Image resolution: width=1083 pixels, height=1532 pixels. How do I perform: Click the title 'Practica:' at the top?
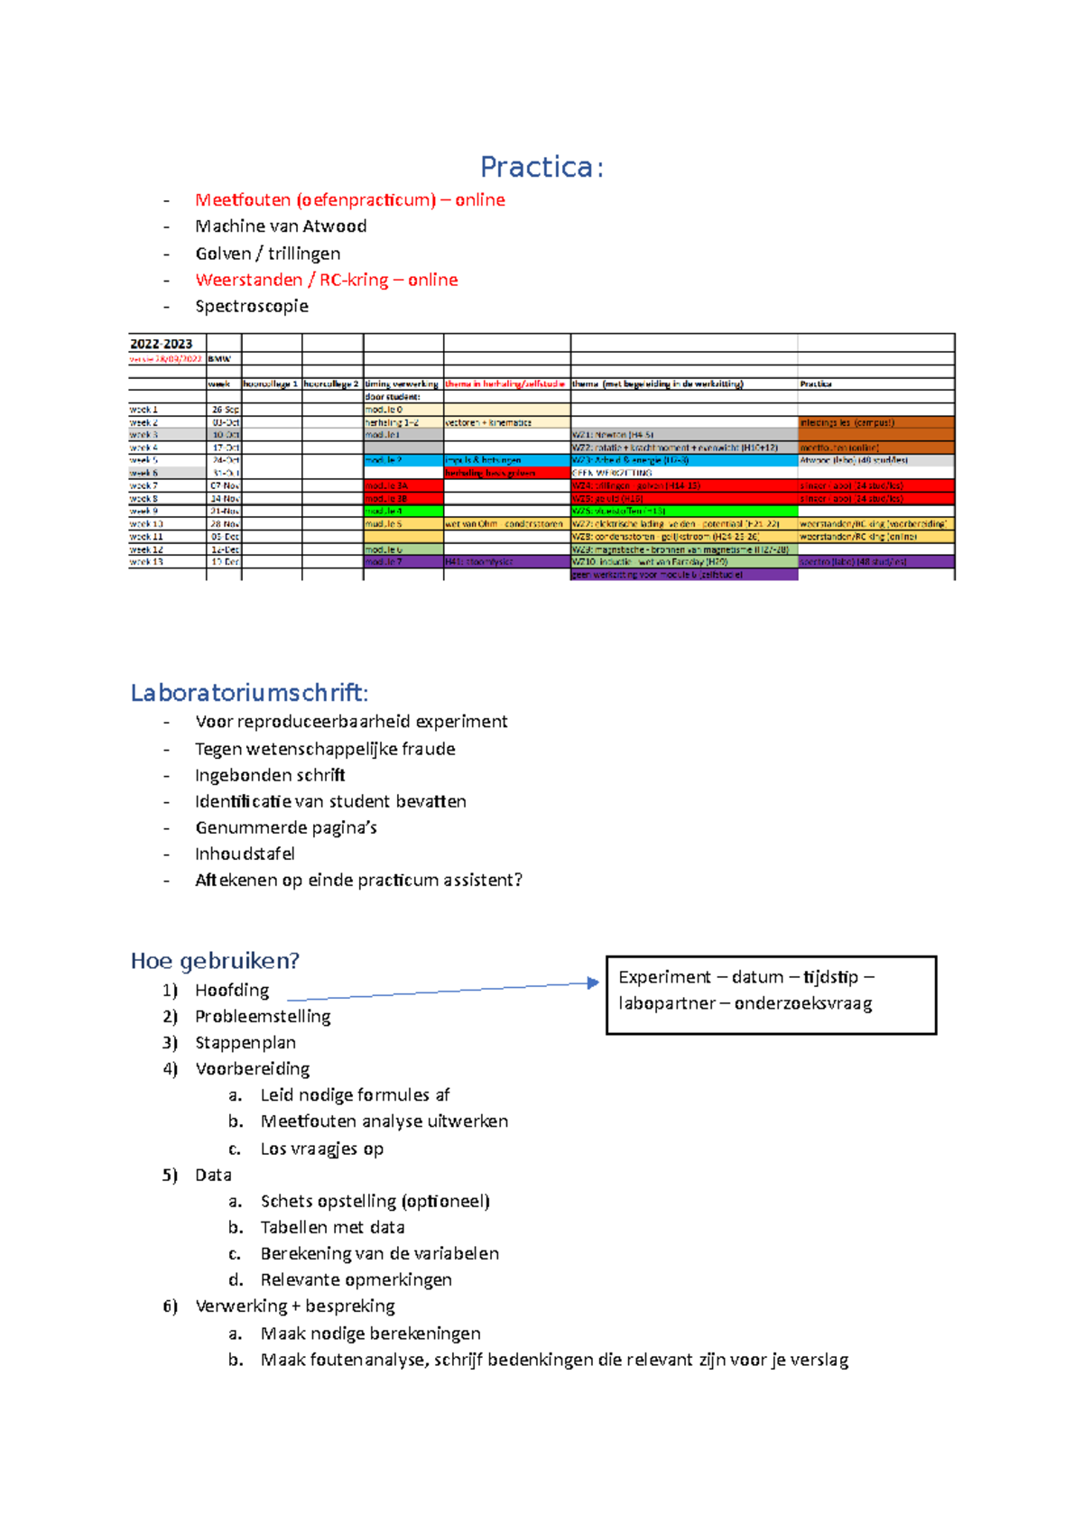pos(541,167)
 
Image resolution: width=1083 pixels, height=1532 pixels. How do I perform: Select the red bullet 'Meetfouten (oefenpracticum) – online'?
pos(349,200)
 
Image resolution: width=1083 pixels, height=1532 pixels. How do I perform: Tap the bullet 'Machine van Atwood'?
pos(281,226)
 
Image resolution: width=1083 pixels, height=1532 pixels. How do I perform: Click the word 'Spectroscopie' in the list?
pos(252,306)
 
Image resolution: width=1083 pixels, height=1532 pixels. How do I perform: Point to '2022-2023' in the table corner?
pos(161,344)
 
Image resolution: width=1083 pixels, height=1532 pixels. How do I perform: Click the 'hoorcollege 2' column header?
pos(331,383)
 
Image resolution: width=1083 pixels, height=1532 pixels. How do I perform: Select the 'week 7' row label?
pos(143,485)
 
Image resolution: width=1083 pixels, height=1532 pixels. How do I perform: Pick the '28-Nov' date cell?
pos(224,523)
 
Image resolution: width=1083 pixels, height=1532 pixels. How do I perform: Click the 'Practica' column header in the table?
pos(816,383)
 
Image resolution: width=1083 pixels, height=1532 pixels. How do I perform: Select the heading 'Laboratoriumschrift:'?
pos(249,693)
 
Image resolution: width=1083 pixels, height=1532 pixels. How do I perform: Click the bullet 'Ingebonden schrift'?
pos(270,775)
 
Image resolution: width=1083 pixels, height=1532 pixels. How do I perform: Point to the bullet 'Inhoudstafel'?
pos(245,854)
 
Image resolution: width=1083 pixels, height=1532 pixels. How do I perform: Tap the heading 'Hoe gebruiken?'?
pos(215,961)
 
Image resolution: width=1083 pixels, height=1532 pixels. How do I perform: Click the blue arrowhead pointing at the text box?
pos(594,983)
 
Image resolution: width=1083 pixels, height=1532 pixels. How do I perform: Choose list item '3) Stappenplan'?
pos(245,1043)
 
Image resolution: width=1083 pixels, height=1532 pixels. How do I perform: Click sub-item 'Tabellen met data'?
pos(332,1227)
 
